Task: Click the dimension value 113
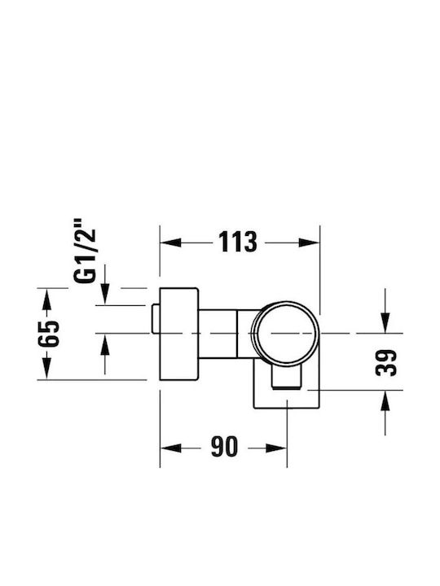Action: tap(238, 242)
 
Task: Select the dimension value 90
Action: tap(224, 447)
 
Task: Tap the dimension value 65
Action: tap(49, 334)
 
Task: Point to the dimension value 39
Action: tap(385, 363)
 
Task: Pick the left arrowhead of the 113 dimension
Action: tap(170, 243)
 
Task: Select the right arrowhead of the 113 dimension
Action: tap(309, 243)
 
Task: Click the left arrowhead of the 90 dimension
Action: tap(170, 448)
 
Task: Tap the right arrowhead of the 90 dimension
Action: tap(276, 448)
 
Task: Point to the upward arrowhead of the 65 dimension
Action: tap(46, 299)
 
